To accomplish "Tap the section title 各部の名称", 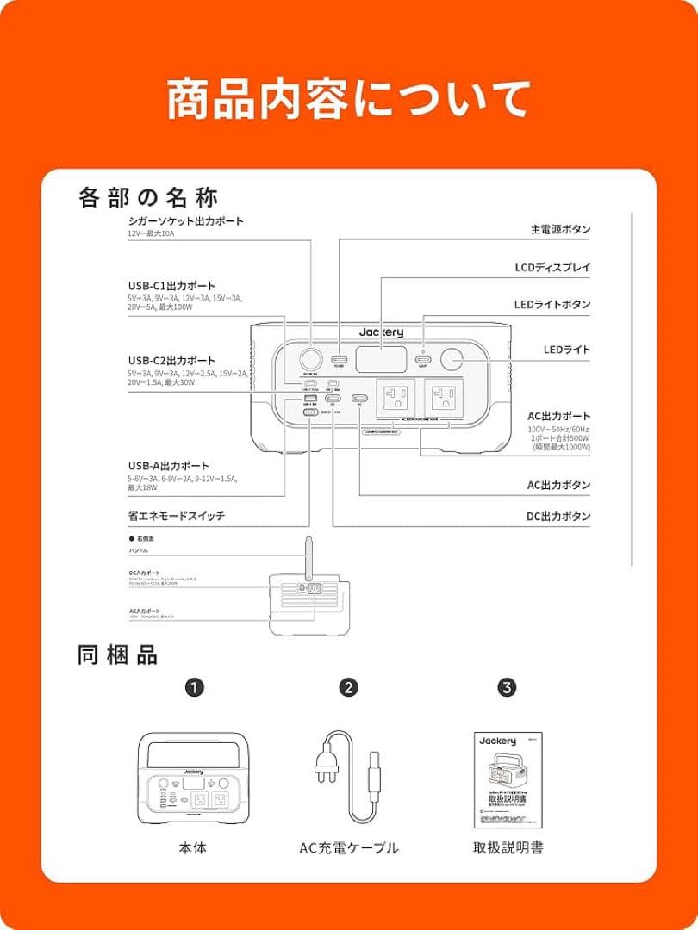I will coord(148,197).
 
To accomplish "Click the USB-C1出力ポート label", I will coord(171,286).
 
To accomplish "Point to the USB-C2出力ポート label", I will coord(171,360).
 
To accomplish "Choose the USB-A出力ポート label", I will coord(168,466).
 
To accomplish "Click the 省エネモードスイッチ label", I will coord(176,516).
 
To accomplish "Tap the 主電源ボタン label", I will coord(560,230).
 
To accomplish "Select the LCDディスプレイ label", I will coord(552,268).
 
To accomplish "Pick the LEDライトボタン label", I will coord(552,305).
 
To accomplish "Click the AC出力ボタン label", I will coord(559,485).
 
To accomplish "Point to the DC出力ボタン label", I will coord(559,517).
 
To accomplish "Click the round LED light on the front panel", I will coord(452,359).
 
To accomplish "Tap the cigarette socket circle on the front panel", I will coord(309,359).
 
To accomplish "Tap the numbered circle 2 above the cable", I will coord(348,687).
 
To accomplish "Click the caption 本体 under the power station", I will coord(193,848).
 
